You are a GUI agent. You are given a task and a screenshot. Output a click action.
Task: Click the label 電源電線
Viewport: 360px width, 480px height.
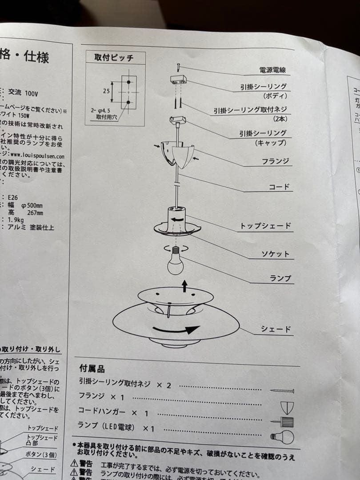coord(272,70)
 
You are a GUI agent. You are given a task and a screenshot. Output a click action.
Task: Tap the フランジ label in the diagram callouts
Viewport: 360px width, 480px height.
coord(276,161)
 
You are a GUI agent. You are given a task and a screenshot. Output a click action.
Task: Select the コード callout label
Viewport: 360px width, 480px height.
coord(279,187)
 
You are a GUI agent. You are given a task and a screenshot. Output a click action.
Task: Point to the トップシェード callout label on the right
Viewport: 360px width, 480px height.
coord(265,226)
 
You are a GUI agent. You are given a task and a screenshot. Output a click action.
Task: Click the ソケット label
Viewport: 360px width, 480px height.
coord(275,254)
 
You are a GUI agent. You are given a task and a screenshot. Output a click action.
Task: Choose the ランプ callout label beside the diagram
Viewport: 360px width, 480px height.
coord(280,279)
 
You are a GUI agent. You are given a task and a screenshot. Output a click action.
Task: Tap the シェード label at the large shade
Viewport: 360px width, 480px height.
coord(276,329)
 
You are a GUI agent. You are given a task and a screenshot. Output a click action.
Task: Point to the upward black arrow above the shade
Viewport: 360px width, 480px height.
coord(184,286)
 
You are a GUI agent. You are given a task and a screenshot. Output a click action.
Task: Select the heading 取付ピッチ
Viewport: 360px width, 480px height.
coord(114,57)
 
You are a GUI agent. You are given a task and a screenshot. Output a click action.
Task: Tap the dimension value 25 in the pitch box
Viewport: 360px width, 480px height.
coord(106,91)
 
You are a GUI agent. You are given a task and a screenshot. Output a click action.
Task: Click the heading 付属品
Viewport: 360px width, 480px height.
coord(92,368)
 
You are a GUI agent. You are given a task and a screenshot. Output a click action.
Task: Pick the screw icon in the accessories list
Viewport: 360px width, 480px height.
coord(282,391)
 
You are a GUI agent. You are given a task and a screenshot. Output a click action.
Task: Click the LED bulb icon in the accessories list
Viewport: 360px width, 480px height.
coord(283,437)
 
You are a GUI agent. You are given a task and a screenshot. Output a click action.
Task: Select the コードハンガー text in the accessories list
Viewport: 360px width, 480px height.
coord(101,412)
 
